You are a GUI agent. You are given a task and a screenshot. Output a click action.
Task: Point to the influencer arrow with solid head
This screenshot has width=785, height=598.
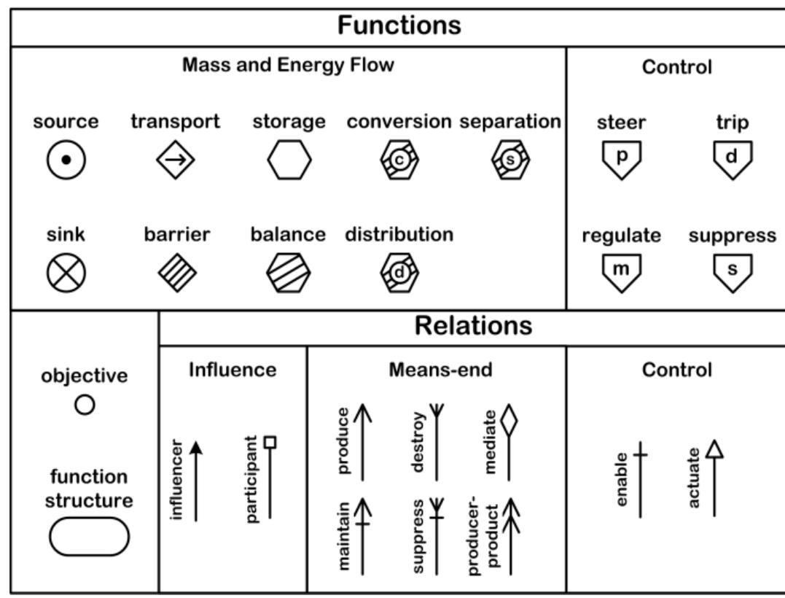pyautogui.click(x=195, y=481)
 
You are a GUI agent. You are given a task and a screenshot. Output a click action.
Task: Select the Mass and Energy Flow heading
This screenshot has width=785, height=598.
pyautogui.click(x=288, y=66)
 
